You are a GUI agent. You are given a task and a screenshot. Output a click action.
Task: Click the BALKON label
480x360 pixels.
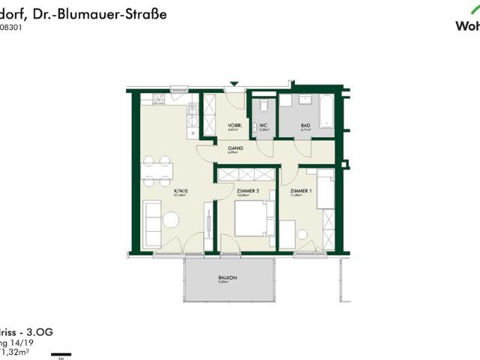coord(228,277)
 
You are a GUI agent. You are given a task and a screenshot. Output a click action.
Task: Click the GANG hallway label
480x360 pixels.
coord(235,148)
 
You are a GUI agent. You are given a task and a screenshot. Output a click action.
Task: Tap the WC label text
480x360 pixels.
coord(263,125)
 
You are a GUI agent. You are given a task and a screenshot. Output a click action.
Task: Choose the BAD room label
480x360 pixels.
coord(306,125)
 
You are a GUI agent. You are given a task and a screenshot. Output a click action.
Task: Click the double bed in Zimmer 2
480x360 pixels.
coord(252,219)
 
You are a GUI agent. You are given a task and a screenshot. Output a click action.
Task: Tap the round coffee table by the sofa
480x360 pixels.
coord(172,220)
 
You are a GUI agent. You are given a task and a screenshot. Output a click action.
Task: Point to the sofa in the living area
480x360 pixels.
coord(151,219)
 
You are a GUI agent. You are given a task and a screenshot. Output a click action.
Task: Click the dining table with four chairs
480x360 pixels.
coord(157,170)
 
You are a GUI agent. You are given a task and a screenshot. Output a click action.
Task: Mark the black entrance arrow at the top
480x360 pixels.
coord(235,85)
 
